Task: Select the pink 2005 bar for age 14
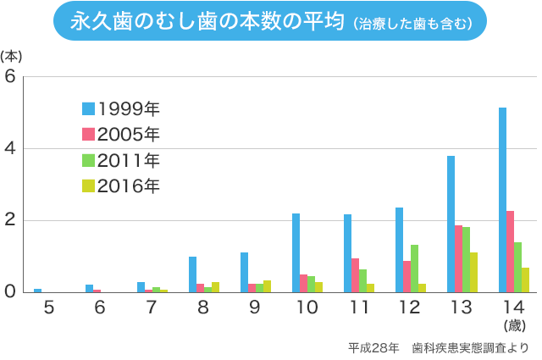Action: point(510,252)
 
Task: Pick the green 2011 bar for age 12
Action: point(414,269)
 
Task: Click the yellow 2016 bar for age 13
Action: point(473,272)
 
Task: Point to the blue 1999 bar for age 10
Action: point(296,252)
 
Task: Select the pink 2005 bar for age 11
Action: point(355,275)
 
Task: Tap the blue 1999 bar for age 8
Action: point(192,274)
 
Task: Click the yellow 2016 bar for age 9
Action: point(267,286)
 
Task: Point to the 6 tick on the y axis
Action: point(11,76)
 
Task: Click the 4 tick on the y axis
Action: point(11,148)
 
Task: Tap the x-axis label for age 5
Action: point(48,307)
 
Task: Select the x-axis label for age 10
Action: point(307,307)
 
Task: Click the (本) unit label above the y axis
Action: point(11,57)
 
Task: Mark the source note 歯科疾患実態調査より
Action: point(470,347)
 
